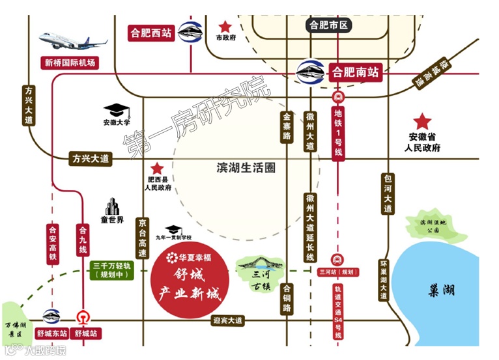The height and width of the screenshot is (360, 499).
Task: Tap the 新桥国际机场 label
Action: (70, 63)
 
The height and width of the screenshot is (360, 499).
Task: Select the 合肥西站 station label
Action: (151, 32)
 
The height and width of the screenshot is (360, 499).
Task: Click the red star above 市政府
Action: (225, 27)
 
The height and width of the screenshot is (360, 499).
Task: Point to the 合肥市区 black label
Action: (330, 26)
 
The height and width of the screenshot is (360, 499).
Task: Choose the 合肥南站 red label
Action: (355, 72)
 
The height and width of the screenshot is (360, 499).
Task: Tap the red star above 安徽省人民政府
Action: (423, 121)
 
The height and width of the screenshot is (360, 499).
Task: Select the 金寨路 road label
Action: (287, 127)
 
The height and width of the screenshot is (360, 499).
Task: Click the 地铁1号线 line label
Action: (338, 134)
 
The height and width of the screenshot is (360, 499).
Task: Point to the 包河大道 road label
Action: (388, 194)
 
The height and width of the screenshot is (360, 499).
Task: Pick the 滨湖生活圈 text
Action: (246, 168)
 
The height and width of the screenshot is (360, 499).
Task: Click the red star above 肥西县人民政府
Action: (156, 168)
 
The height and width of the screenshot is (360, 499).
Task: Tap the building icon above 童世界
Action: (112, 206)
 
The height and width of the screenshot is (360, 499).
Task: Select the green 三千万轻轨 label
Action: (112, 270)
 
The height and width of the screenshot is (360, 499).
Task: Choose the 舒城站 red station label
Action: (85, 333)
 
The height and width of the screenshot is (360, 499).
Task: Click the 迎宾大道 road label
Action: (228, 320)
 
